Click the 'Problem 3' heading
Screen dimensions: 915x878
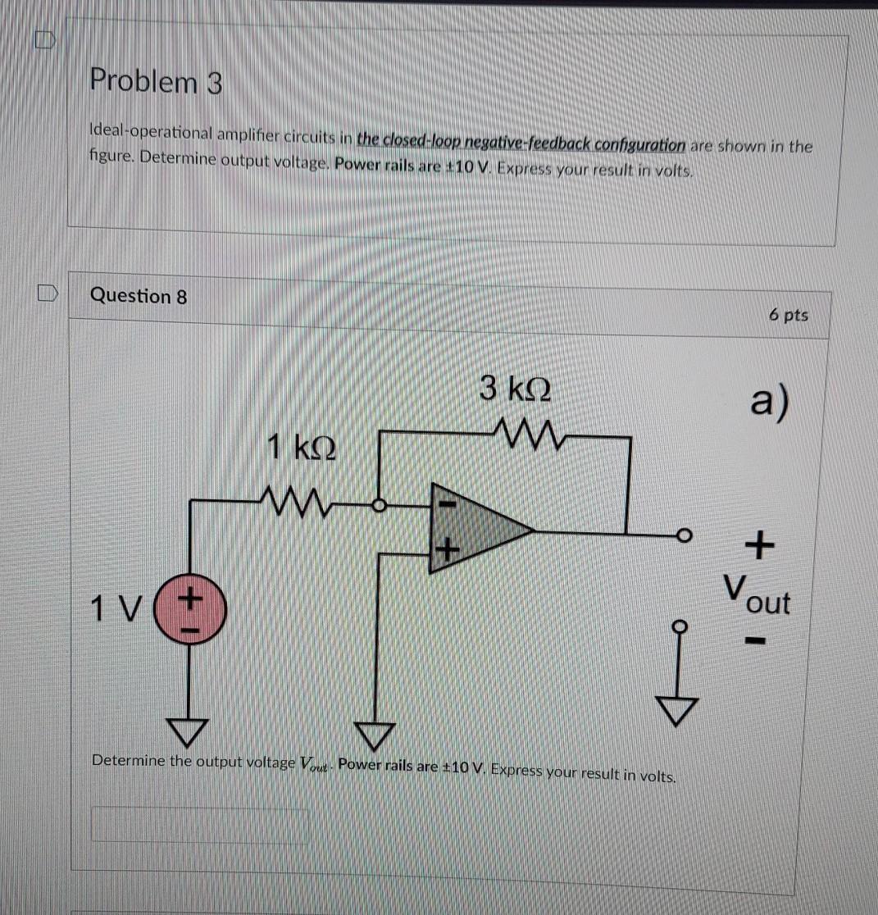[x=156, y=82]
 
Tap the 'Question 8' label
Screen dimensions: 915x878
[x=139, y=296]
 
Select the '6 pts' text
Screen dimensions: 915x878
[x=789, y=315]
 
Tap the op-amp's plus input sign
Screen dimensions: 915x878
[x=445, y=550]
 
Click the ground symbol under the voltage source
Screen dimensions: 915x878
[x=190, y=726]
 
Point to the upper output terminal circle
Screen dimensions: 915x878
[x=680, y=536]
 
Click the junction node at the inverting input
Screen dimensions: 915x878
[x=378, y=506]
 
